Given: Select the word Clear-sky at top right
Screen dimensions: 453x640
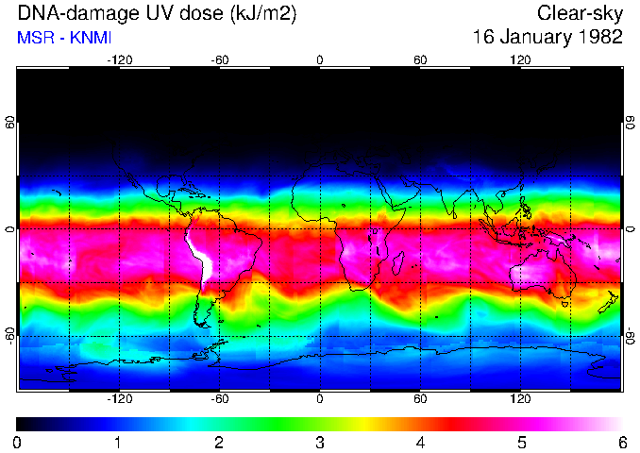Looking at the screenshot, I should pyautogui.click(x=580, y=14).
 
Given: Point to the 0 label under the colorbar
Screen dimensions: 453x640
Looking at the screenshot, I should pyautogui.click(x=18, y=442).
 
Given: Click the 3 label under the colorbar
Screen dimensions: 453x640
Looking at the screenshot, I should pyautogui.click(x=319, y=442).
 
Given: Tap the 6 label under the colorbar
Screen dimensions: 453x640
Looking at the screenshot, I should pyautogui.click(x=620, y=442).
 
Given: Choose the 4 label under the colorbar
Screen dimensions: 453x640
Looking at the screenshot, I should pyautogui.click(x=420, y=442).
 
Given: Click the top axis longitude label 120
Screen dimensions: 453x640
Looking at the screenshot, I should pyautogui.click(x=520, y=59).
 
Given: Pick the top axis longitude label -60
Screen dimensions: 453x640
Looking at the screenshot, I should pyautogui.click(x=219, y=59).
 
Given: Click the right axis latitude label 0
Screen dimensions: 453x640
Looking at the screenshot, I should pyautogui.click(x=631, y=228).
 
